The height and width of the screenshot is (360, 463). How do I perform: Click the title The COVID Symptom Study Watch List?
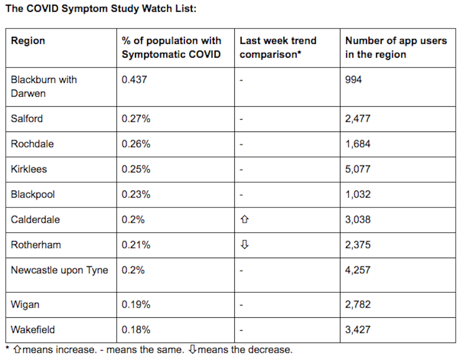101,9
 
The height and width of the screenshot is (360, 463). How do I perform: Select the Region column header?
28,40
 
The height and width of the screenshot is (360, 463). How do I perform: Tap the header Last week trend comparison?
278,47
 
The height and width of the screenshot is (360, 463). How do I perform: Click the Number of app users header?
396,47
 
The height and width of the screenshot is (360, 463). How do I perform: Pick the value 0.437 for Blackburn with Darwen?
134,80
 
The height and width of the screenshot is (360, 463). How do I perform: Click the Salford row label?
27,119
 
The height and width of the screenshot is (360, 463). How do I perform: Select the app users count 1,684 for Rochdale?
358,144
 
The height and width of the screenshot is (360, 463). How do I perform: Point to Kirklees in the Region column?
29,169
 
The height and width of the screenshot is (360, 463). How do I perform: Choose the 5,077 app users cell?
358,169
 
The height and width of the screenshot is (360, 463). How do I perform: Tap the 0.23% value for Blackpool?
136,194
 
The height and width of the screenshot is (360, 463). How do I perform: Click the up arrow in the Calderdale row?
245,219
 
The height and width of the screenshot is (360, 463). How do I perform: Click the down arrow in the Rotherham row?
245,245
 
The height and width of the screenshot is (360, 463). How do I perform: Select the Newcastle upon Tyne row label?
59,270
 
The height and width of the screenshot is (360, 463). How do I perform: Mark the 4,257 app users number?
358,270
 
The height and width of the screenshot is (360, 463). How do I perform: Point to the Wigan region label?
25,305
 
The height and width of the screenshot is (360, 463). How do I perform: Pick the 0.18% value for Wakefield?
136,330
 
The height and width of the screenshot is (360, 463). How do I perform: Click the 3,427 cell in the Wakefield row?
358,330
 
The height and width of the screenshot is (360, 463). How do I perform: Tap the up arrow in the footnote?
17,350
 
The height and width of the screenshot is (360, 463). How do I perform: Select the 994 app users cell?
353,80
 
